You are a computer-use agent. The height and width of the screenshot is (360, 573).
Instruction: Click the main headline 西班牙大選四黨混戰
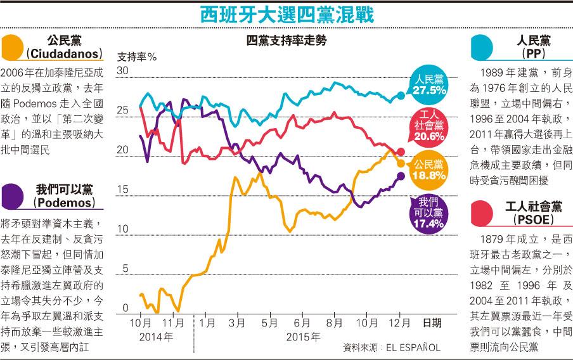click(286, 14)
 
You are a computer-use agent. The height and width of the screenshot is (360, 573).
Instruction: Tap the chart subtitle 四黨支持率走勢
click(286, 42)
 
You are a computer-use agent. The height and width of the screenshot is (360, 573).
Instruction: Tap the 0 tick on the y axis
click(126, 309)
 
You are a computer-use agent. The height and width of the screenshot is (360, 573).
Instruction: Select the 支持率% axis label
click(138, 57)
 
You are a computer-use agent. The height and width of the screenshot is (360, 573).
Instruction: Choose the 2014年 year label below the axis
click(156, 337)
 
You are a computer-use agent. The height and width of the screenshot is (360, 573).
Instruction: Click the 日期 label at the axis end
click(432, 323)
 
